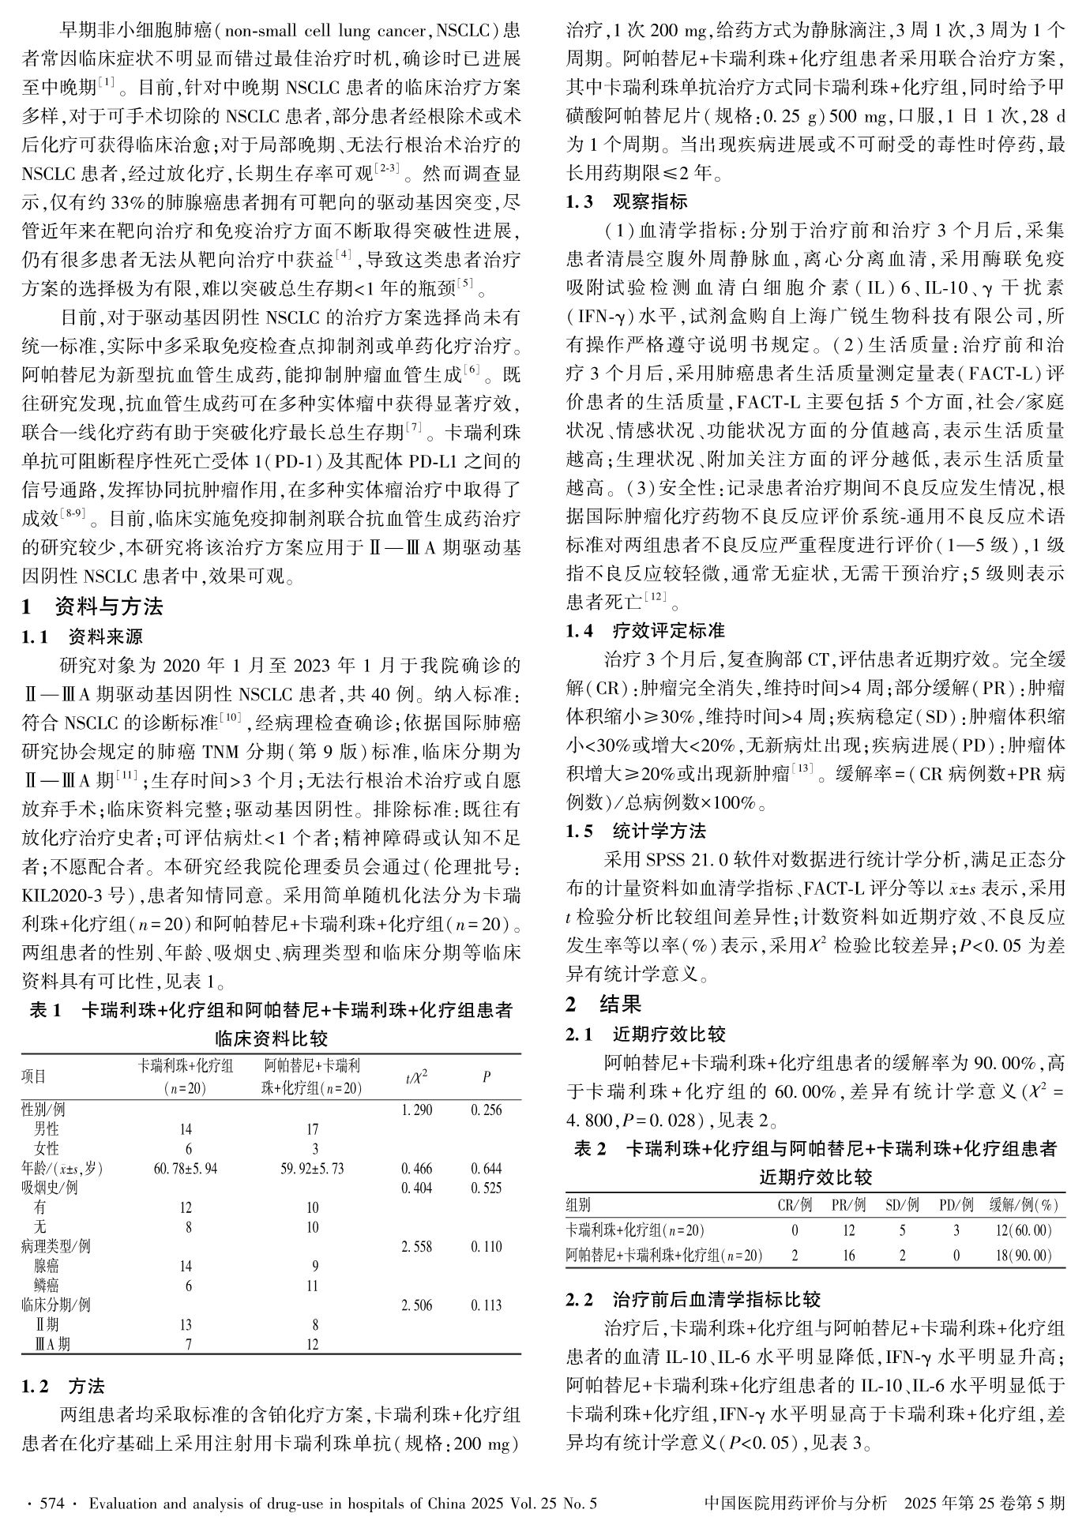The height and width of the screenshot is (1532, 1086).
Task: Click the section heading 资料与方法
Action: coord(109,606)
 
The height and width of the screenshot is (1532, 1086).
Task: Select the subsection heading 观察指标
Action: coord(650,202)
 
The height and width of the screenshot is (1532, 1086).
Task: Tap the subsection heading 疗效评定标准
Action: coord(669,630)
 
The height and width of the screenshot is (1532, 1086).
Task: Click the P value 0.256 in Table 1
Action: coord(486,1110)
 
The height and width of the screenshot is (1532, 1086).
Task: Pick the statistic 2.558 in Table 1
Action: coord(417,1246)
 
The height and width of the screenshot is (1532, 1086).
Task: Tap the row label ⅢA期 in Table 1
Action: coord(52,1344)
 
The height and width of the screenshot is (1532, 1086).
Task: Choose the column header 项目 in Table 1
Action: coord(34,1076)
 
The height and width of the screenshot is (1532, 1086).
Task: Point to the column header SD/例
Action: coord(902,1205)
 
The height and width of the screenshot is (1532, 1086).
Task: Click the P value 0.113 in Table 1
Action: coord(486,1305)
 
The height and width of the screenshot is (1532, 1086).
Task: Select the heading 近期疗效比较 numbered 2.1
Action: coord(669,1034)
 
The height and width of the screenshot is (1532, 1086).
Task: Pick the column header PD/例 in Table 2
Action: coord(956,1205)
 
